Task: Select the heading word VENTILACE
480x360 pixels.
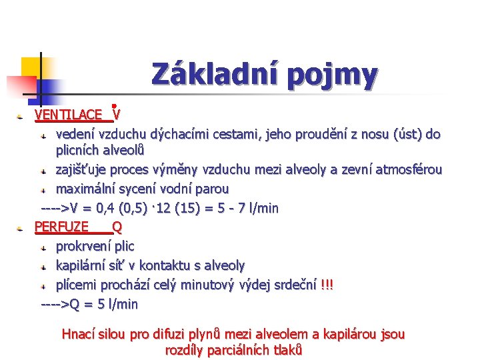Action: (68, 115)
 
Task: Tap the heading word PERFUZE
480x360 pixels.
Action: (61, 227)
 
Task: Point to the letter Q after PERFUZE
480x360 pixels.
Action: (117, 227)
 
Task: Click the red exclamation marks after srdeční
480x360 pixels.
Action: (327, 285)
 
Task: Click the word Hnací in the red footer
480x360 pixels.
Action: (78, 334)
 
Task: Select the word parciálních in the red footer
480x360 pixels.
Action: (242, 350)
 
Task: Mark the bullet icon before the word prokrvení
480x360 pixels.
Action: (43, 247)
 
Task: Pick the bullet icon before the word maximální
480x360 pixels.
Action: (43, 189)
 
